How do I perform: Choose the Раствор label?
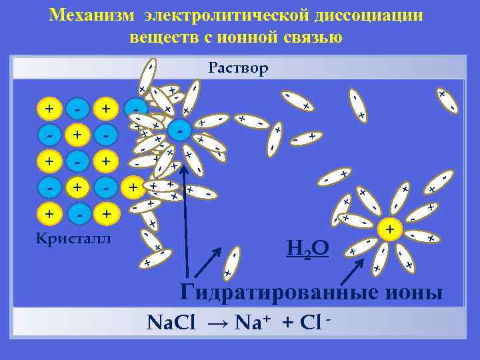[238, 68]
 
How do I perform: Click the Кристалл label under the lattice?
[74, 239]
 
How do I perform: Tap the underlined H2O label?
[307, 249]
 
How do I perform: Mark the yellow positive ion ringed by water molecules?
[390, 230]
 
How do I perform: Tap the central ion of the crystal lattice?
[77, 161]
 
